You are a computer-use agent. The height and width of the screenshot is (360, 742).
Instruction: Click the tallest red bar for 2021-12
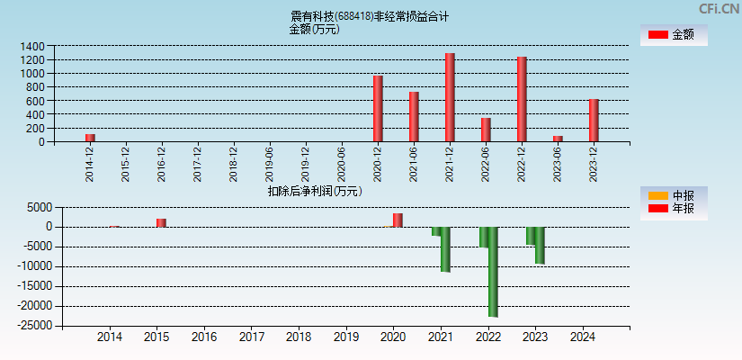coord(450,97)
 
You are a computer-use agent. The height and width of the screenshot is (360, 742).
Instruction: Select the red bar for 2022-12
coord(522,99)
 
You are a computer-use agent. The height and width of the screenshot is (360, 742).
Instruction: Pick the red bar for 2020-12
coord(378,108)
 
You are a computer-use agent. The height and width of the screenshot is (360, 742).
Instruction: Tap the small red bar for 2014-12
coord(90,138)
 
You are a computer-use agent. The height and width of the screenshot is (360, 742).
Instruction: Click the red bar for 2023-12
coord(594,120)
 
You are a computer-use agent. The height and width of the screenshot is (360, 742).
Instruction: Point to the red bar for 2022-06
coord(486,130)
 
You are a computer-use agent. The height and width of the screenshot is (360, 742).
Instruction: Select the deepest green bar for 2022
coord(493,271)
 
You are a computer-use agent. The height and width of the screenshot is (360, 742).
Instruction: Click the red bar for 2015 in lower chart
coord(161,222)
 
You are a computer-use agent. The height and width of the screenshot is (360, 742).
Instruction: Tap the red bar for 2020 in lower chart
coord(398,220)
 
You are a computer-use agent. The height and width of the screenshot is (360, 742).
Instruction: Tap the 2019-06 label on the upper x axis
coord(270,163)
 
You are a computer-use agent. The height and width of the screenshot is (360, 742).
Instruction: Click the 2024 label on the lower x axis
coord(583,337)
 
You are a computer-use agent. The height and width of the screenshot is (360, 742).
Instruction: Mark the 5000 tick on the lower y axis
coord(37,207)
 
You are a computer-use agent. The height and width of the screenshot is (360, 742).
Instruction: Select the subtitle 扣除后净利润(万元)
coord(315,191)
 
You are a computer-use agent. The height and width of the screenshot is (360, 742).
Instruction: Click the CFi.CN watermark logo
coord(719,9)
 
